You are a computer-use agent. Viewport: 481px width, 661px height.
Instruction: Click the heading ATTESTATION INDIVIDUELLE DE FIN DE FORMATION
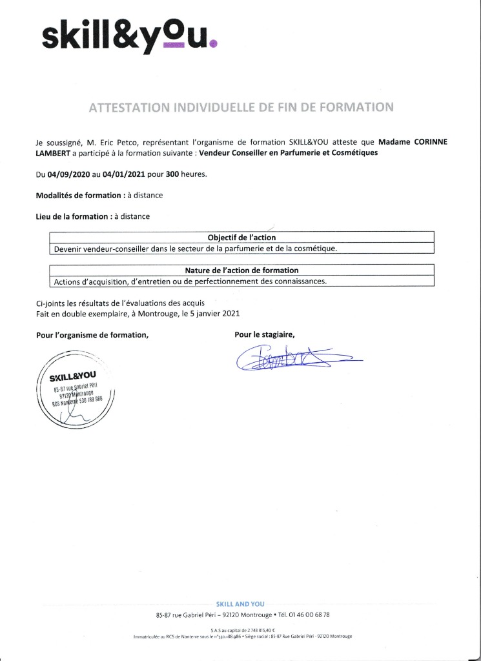[240, 107]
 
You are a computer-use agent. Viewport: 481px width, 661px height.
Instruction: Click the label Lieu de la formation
[72, 216]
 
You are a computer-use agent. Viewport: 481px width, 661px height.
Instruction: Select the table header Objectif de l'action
[241, 238]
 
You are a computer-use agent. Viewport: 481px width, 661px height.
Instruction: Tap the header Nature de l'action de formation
[241, 270]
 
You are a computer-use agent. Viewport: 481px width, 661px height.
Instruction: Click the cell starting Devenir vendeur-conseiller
[194, 248]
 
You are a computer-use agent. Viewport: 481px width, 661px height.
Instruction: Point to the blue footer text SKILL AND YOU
[240, 604]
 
